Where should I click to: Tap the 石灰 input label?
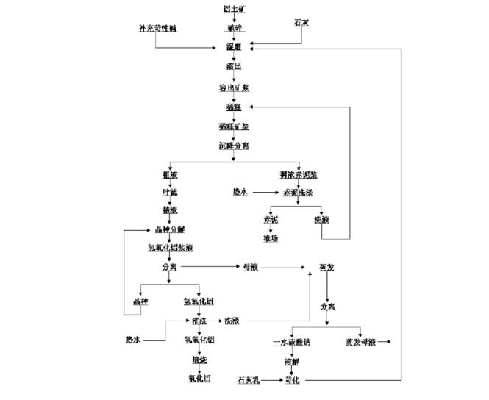point(301,24)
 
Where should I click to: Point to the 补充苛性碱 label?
point(157,28)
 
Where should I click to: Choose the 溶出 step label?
point(234,66)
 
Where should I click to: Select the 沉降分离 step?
point(234,146)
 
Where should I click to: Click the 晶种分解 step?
point(171,229)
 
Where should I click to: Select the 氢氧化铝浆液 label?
point(171,248)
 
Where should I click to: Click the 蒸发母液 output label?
point(360,343)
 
